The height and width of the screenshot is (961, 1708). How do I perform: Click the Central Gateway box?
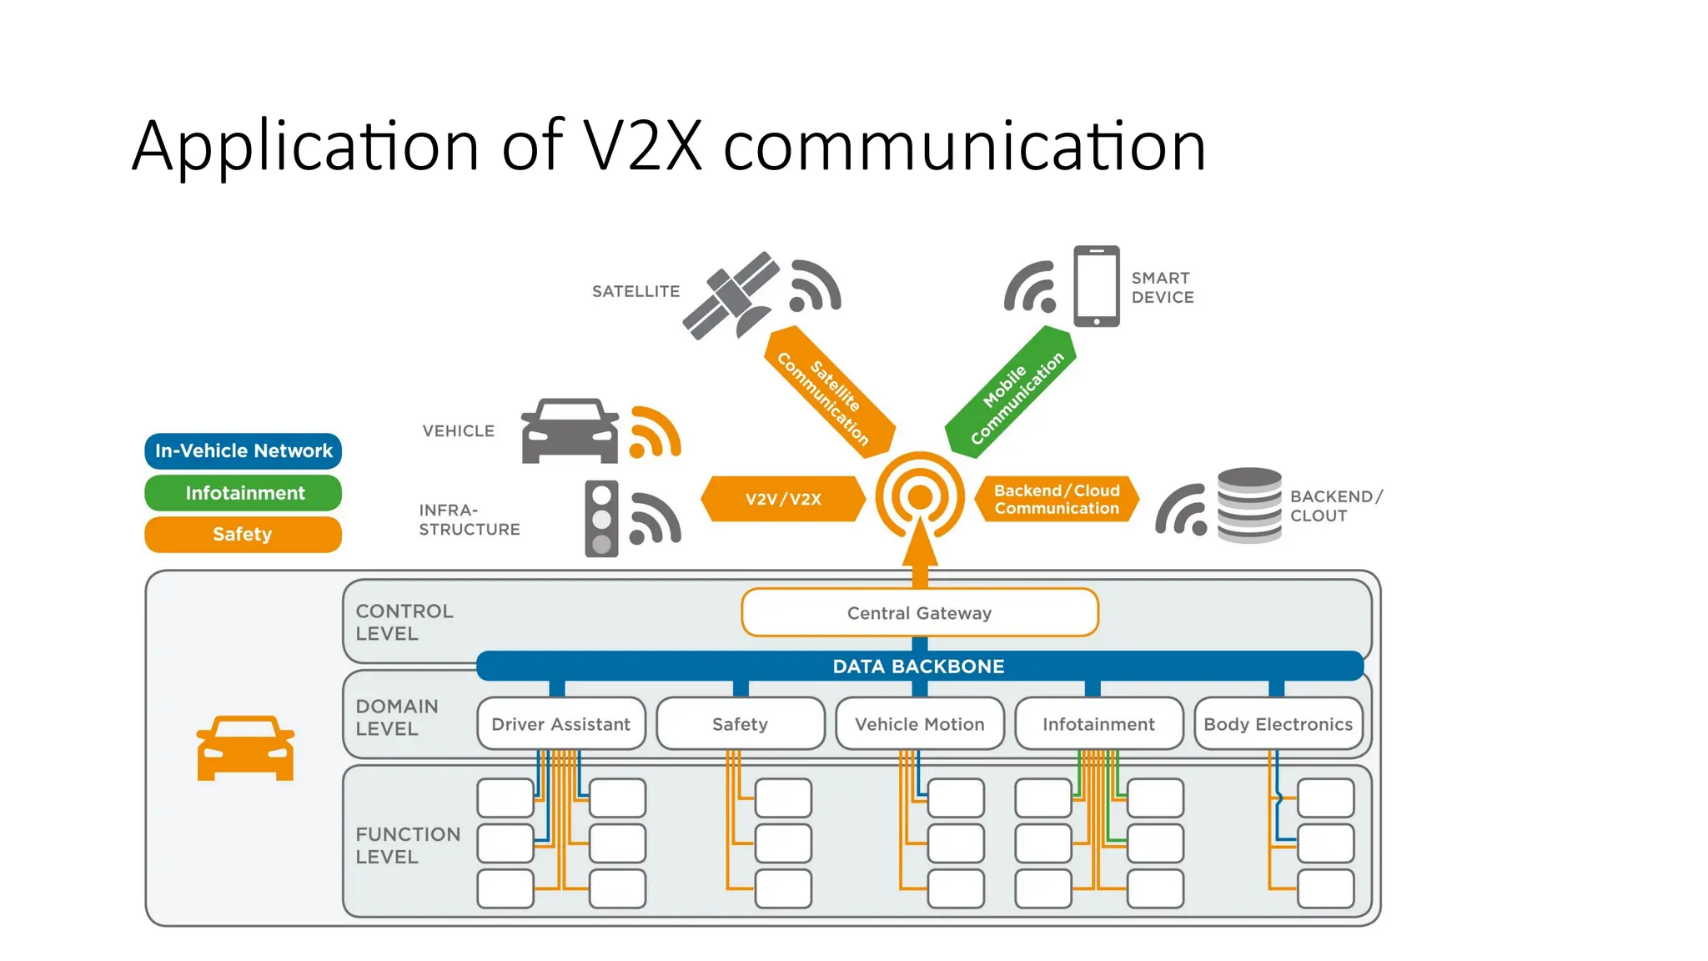point(919,613)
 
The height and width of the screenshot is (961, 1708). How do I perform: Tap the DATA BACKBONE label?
point(918,667)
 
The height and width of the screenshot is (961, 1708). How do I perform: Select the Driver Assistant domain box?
point(560,724)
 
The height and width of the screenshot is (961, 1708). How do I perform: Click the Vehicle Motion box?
point(919,724)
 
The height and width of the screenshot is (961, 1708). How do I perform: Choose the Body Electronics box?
point(1278,724)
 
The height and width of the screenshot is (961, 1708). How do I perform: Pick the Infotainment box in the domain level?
point(1098,724)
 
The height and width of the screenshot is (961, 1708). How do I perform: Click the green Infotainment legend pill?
point(244,493)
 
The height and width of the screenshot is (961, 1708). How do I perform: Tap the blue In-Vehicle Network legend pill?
point(244,450)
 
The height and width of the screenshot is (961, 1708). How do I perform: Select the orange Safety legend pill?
point(244,535)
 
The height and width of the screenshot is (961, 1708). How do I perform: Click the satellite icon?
point(731,296)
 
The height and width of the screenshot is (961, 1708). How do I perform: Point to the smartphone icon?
point(1096,286)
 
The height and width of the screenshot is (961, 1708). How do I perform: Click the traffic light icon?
point(601,519)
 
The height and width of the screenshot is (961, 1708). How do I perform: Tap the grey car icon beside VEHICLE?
point(570,430)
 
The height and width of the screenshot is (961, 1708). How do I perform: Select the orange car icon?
point(245,748)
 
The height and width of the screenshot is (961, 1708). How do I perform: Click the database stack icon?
point(1248,506)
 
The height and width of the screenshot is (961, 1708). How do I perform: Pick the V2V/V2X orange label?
point(783,499)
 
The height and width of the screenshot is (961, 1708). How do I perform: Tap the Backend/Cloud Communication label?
point(1056,499)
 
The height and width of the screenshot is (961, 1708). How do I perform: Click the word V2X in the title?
point(642,147)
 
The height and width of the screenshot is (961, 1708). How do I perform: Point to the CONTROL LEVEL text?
point(404,622)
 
